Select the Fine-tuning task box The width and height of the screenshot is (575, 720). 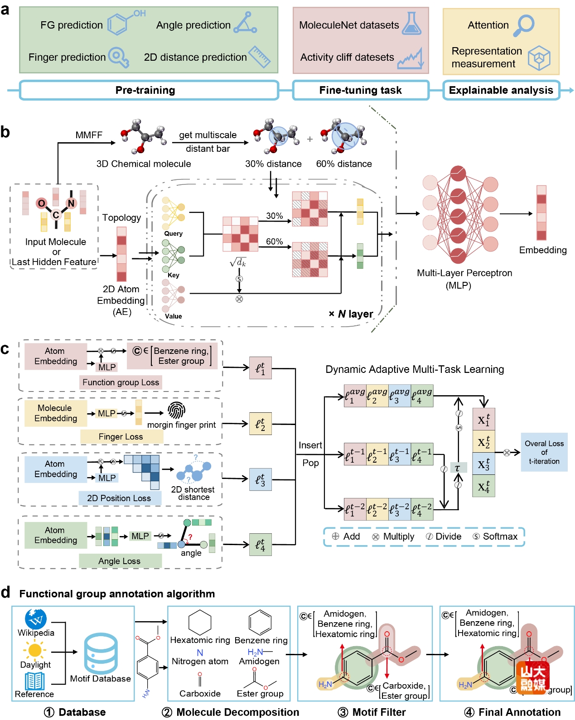tap(361, 90)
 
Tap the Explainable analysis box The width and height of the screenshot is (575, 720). tap(501, 90)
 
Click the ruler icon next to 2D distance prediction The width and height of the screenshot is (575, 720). tap(260, 57)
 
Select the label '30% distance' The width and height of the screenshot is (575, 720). tap(273, 164)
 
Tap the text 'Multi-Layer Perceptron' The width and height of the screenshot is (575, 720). tap(464, 273)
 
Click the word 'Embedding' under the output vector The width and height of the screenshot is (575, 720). tap(542, 250)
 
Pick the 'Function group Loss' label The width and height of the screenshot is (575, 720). tap(121, 382)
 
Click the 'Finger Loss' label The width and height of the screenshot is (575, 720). tap(121, 437)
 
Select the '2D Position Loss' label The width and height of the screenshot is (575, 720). tap(119, 498)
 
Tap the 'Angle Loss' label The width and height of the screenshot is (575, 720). tap(120, 561)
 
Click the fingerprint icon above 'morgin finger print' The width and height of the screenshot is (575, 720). tap(176, 411)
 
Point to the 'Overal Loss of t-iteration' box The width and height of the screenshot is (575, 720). tap(544, 452)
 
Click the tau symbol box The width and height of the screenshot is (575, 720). tap(458, 468)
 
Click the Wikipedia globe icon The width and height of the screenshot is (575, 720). tap(36, 619)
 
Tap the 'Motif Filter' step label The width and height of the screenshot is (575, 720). tap(379, 712)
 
